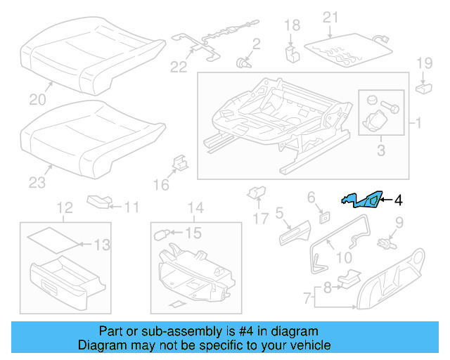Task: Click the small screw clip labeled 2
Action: click(x=245, y=63)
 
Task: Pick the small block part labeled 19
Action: click(x=424, y=88)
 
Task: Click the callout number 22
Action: click(x=179, y=67)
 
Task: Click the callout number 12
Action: click(x=64, y=207)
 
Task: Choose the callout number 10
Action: click(x=344, y=258)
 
